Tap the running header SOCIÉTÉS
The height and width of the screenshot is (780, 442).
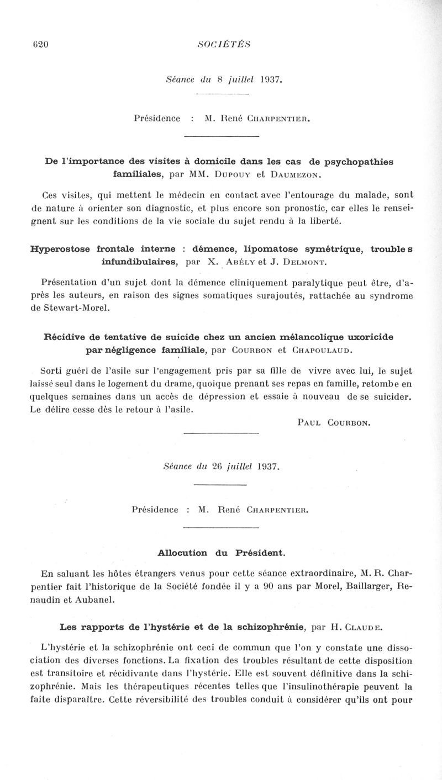coord(221,45)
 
